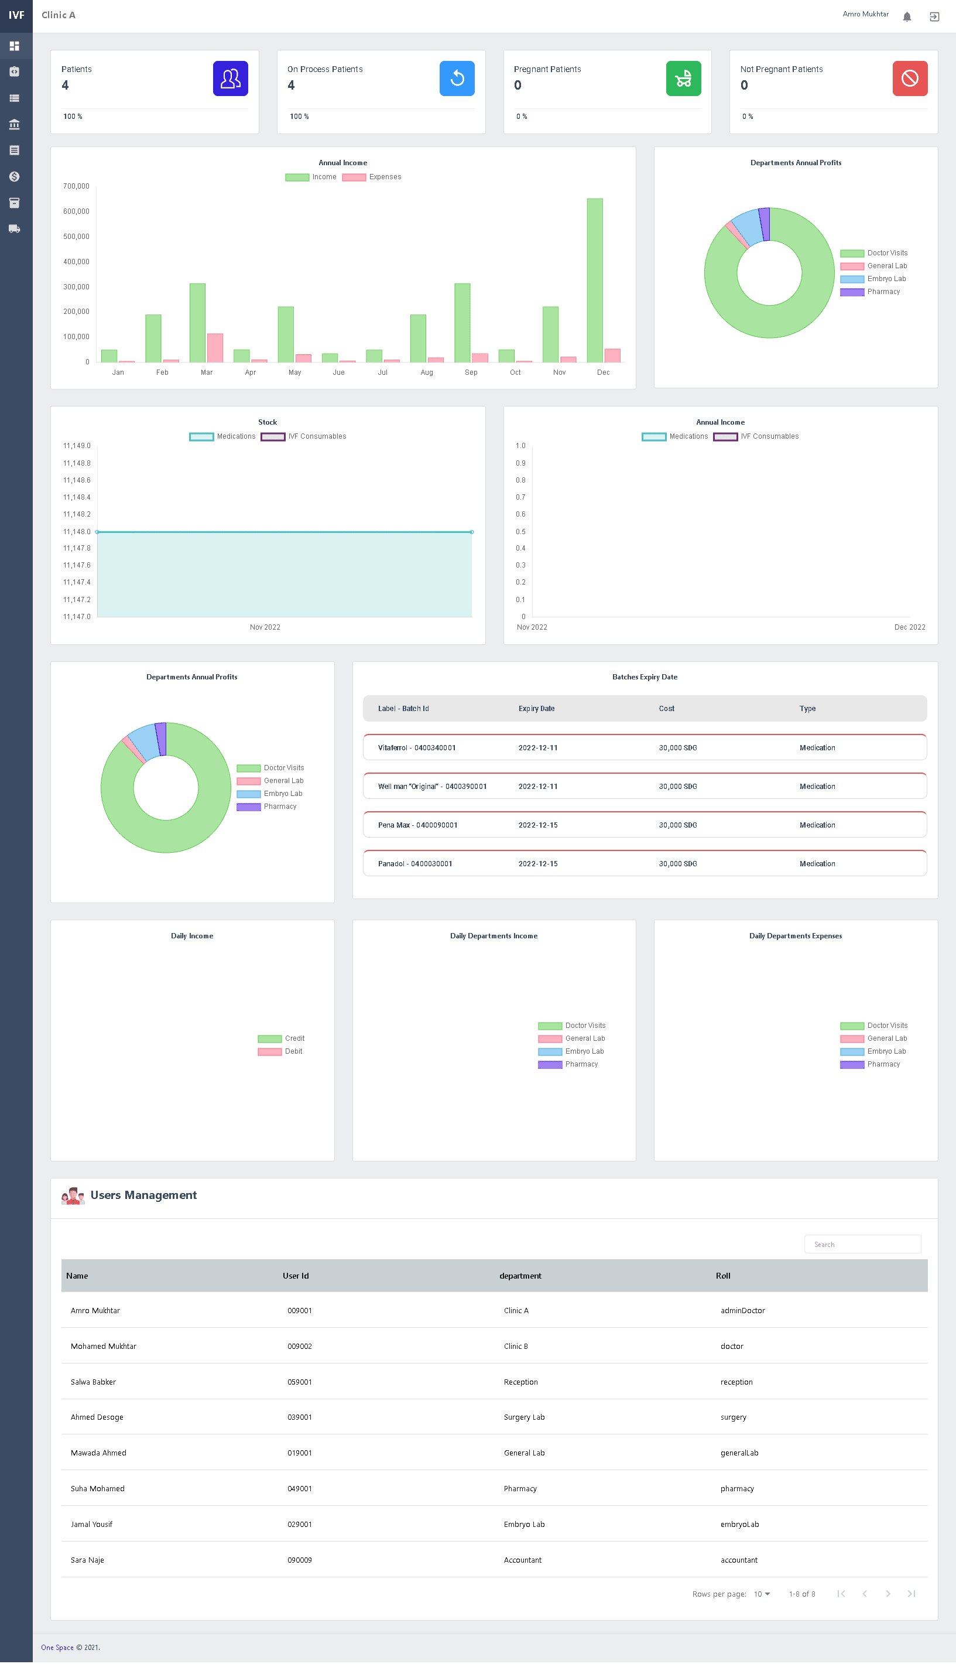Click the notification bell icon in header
click(x=907, y=16)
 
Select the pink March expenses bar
click(x=215, y=347)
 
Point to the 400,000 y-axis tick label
click(x=76, y=261)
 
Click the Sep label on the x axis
click(x=471, y=373)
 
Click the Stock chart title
click(x=267, y=422)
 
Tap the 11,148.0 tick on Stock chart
click(x=77, y=531)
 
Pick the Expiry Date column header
click(x=536, y=709)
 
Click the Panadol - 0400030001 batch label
click(x=415, y=864)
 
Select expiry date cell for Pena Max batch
click(x=538, y=825)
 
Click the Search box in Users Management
click(x=862, y=1244)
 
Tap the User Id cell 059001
click(x=299, y=1382)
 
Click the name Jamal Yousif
click(x=91, y=1525)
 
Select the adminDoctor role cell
click(x=742, y=1311)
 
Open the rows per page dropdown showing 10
click(x=762, y=1594)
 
